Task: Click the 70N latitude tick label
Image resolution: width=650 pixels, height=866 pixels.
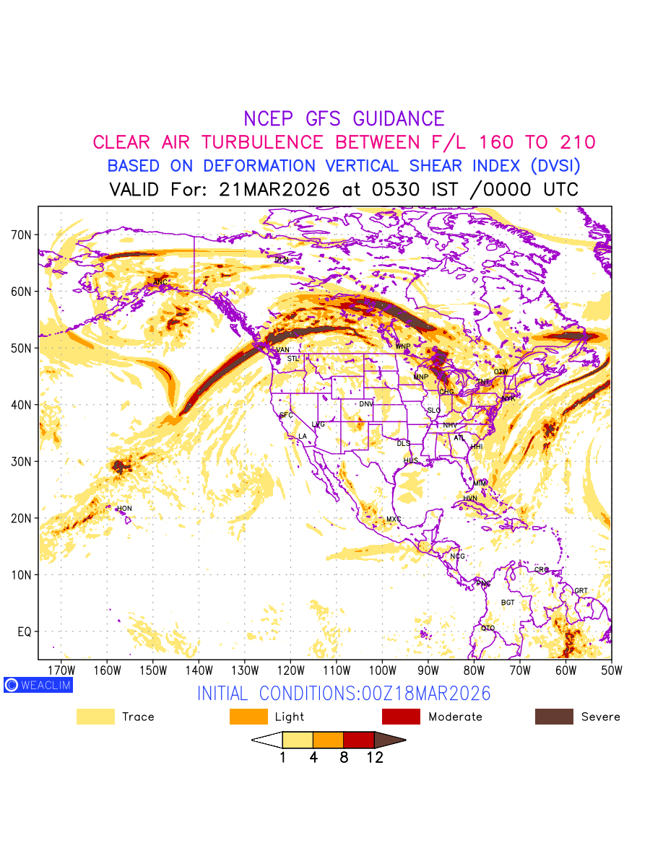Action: coord(21,235)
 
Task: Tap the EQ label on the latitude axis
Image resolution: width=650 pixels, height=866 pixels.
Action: coord(24,632)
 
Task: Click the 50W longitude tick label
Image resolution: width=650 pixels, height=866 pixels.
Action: coord(611,670)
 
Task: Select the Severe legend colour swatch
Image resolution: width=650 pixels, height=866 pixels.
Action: coord(554,717)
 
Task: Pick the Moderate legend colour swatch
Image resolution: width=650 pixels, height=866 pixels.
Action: coord(401,717)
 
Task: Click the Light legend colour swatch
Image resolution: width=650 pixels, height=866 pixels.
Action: coord(248,717)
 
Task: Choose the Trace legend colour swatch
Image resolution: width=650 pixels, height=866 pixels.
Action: coord(95,717)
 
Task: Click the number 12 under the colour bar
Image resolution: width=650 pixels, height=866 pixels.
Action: coord(374,758)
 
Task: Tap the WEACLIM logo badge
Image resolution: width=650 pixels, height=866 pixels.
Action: coord(38,685)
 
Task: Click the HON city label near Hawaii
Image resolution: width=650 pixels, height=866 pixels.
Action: coord(124,509)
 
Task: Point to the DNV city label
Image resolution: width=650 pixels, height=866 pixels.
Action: coord(366,404)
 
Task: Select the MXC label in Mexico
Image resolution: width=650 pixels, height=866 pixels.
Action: coord(394,520)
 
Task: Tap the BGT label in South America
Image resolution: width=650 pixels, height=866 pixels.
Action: coord(508,603)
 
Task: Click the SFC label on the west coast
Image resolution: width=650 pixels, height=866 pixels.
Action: coord(286,416)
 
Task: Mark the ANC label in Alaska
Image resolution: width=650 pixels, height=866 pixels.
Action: coord(161,282)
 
